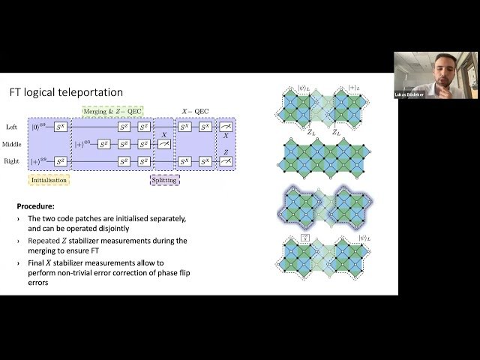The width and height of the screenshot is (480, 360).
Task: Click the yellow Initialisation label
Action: coord(49,180)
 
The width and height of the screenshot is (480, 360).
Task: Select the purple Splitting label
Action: coord(163,180)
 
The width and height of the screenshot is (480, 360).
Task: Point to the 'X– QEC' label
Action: coord(193,111)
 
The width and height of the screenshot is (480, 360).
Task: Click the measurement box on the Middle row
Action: coord(163,145)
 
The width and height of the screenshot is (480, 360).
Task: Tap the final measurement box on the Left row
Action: coord(226,129)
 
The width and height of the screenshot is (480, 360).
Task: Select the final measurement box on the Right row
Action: coord(226,160)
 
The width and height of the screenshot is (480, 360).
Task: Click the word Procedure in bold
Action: coord(38,205)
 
